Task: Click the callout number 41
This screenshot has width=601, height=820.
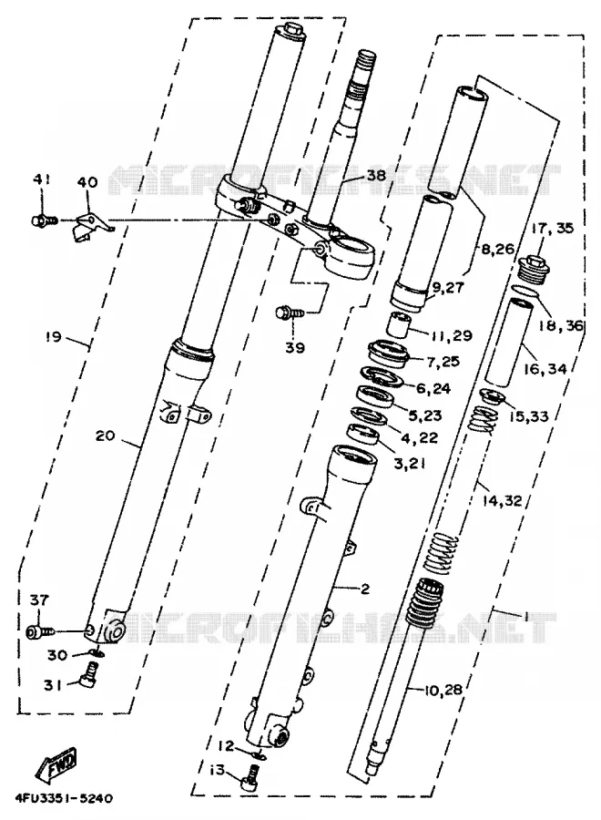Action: click(x=41, y=180)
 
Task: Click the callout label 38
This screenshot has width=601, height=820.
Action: click(x=375, y=175)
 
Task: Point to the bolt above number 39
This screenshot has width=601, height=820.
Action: click(x=289, y=313)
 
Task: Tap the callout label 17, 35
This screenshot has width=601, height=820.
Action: click(x=553, y=229)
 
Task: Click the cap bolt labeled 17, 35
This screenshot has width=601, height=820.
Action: click(x=533, y=269)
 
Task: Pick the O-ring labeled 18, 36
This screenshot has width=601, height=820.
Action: click(x=524, y=291)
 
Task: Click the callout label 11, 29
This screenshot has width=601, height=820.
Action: click(x=451, y=335)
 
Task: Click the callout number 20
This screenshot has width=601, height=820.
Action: click(x=105, y=435)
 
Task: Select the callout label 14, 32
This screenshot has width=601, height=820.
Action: click(x=502, y=500)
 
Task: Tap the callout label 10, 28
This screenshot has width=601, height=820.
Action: click(x=443, y=690)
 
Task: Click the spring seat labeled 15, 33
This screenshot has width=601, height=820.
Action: click(x=493, y=398)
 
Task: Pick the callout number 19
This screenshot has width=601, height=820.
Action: click(x=53, y=336)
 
